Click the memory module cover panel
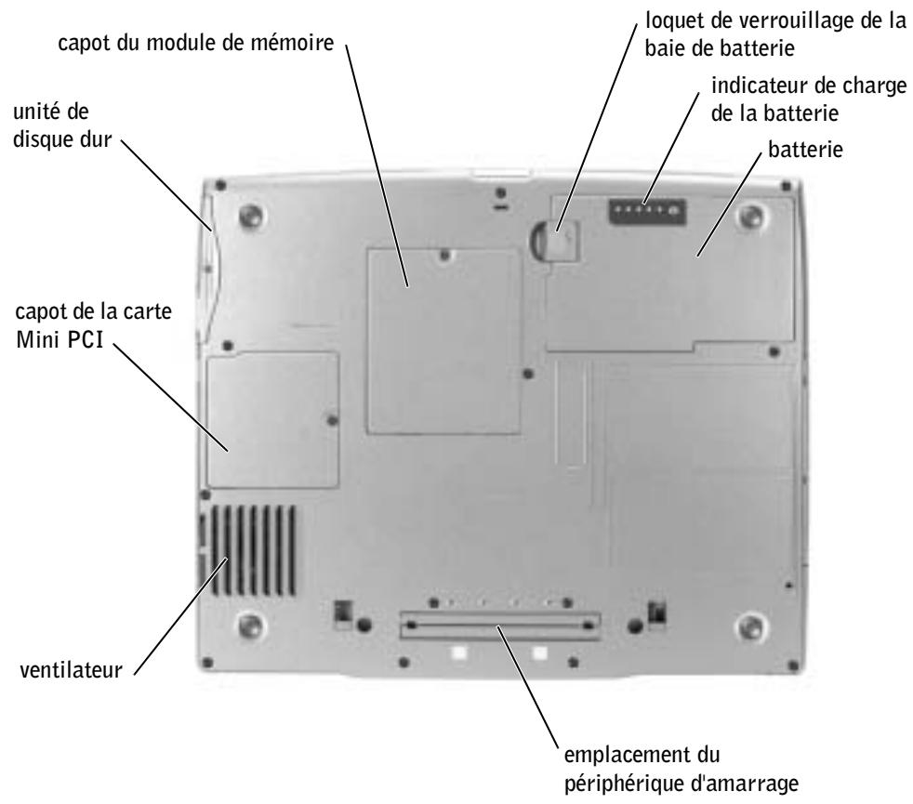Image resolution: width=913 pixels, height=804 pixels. pos(441,340)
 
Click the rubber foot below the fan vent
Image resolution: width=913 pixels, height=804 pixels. pos(248,622)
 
